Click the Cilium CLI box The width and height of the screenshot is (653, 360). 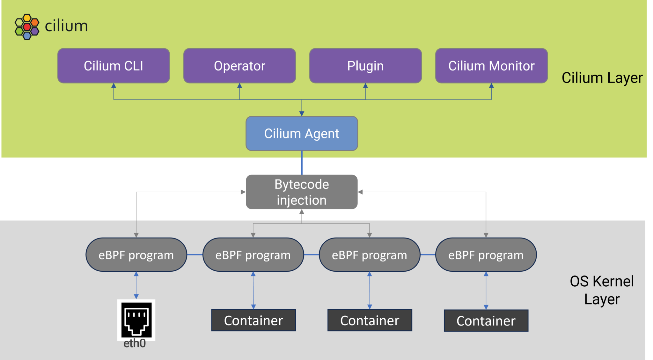[x=114, y=66]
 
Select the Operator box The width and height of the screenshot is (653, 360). [x=239, y=66]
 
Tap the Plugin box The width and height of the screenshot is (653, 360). [x=365, y=66]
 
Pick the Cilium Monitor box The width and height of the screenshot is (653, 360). [x=491, y=66]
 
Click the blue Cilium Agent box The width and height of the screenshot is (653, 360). [x=302, y=133]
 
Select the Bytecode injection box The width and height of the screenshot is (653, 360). [x=302, y=192]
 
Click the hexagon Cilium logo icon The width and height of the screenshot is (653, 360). [x=27, y=27]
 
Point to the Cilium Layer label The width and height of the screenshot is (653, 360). [x=602, y=78]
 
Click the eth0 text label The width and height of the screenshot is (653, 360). [x=135, y=344]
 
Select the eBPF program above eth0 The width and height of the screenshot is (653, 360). [x=136, y=255]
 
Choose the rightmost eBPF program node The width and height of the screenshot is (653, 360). [x=486, y=255]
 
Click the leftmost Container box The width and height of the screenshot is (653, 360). [x=253, y=320]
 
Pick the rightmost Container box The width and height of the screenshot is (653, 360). [x=486, y=321]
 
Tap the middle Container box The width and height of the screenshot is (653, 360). [x=370, y=320]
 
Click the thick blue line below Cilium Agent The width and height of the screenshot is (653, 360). [x=302, y=163]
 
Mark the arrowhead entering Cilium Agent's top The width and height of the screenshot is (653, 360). [x=302, y=114]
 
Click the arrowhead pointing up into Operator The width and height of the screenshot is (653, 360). [x=239, y=86]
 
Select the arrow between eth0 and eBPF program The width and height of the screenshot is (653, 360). [x=136, y=285]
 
